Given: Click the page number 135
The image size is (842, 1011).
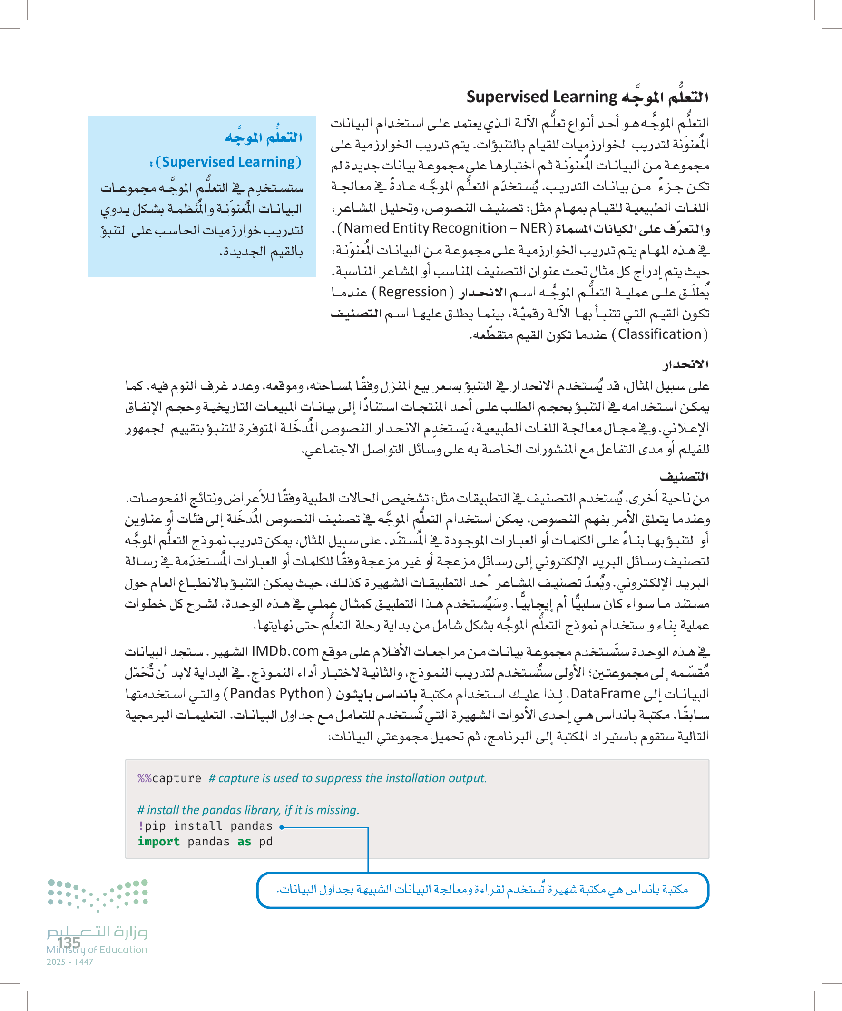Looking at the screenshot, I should pos(69,942).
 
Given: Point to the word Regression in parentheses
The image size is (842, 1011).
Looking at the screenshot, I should pos(412,292).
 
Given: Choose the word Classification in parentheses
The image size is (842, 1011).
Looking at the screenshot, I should pos(659,334).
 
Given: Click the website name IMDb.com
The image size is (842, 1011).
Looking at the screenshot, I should pos(285,651).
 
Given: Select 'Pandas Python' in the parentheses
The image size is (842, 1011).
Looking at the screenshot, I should pos(277,693).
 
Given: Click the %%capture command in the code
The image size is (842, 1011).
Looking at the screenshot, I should pos(169,778).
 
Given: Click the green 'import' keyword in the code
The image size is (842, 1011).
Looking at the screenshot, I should pos(158,842).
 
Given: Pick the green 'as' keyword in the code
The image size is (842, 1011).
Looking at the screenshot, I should pos(244,842).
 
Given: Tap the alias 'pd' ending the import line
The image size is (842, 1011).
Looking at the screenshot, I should pos(266,842).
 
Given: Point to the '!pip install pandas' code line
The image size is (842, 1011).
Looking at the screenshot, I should pos(205,826).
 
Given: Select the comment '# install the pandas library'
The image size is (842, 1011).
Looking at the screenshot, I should pos(248,810).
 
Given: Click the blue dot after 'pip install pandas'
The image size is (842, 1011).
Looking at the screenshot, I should pos(281,827).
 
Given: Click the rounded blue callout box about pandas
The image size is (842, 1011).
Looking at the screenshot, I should pos(482,890).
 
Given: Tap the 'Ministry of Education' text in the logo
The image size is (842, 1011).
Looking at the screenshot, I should pos(97,950).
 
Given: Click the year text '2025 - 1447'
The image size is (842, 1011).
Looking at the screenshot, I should pos(70,962).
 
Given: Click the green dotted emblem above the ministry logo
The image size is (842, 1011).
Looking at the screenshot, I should pos(98,894).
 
